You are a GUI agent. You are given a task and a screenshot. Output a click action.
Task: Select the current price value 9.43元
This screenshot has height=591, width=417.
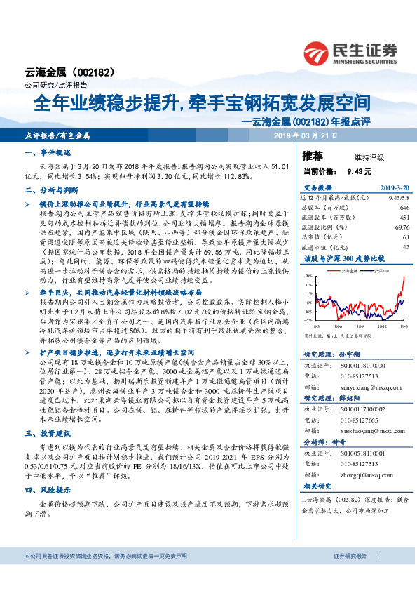point(359,171)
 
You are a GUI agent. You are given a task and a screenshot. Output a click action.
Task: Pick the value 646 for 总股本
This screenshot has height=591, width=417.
point(404,208)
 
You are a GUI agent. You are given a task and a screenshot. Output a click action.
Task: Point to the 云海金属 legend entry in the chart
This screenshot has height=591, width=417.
point(343,270)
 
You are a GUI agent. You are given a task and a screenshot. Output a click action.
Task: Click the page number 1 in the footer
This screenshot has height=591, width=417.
point(379,556)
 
